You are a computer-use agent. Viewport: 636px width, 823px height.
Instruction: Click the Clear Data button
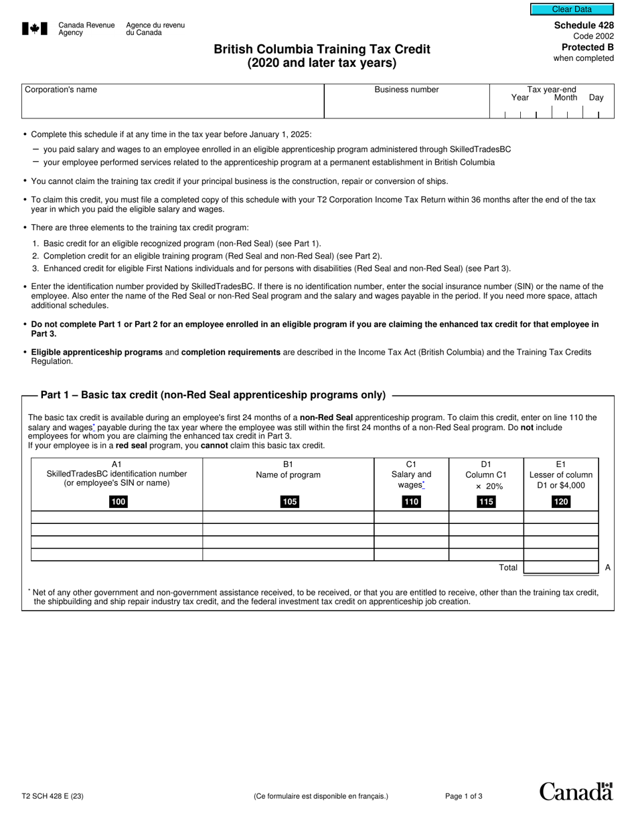tap(572, 9)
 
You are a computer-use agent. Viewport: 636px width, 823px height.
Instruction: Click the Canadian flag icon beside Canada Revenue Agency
tap(35, 28)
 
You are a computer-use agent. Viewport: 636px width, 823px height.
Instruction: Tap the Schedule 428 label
tap(584, 25)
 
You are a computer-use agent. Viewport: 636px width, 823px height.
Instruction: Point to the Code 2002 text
tap(593, 36)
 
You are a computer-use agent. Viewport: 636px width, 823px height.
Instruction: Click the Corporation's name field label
tap(61, 90)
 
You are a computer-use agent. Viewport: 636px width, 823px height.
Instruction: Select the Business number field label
tap(406, 90)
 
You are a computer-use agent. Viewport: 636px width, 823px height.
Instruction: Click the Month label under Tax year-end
tap(566, 98)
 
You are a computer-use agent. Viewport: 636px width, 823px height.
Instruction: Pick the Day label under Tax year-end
tap(596, 98)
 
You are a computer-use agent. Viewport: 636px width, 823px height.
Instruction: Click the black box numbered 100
tap(118, 502)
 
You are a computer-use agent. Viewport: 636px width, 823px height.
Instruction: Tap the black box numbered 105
tap(290, 502)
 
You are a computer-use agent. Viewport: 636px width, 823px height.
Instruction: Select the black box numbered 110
tap(411, 502)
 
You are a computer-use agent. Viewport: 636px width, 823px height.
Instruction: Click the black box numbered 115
tap(486, 502)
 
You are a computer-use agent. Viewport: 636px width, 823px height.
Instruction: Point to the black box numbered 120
tap(561, 502)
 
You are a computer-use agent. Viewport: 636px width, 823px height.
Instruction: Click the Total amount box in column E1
tap(560, 567)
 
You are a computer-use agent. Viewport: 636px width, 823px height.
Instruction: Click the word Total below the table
tap(508, 567)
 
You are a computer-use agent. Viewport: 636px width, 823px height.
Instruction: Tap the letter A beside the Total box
tap(608, 567)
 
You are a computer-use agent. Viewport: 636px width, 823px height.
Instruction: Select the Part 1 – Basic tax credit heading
tap(213, 395)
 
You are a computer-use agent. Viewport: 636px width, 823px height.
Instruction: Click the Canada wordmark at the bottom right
tap(576, 792)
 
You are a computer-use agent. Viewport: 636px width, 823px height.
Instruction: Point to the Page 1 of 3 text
tap(464, 796)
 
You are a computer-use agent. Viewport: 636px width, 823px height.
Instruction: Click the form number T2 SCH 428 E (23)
tap(53, 796)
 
